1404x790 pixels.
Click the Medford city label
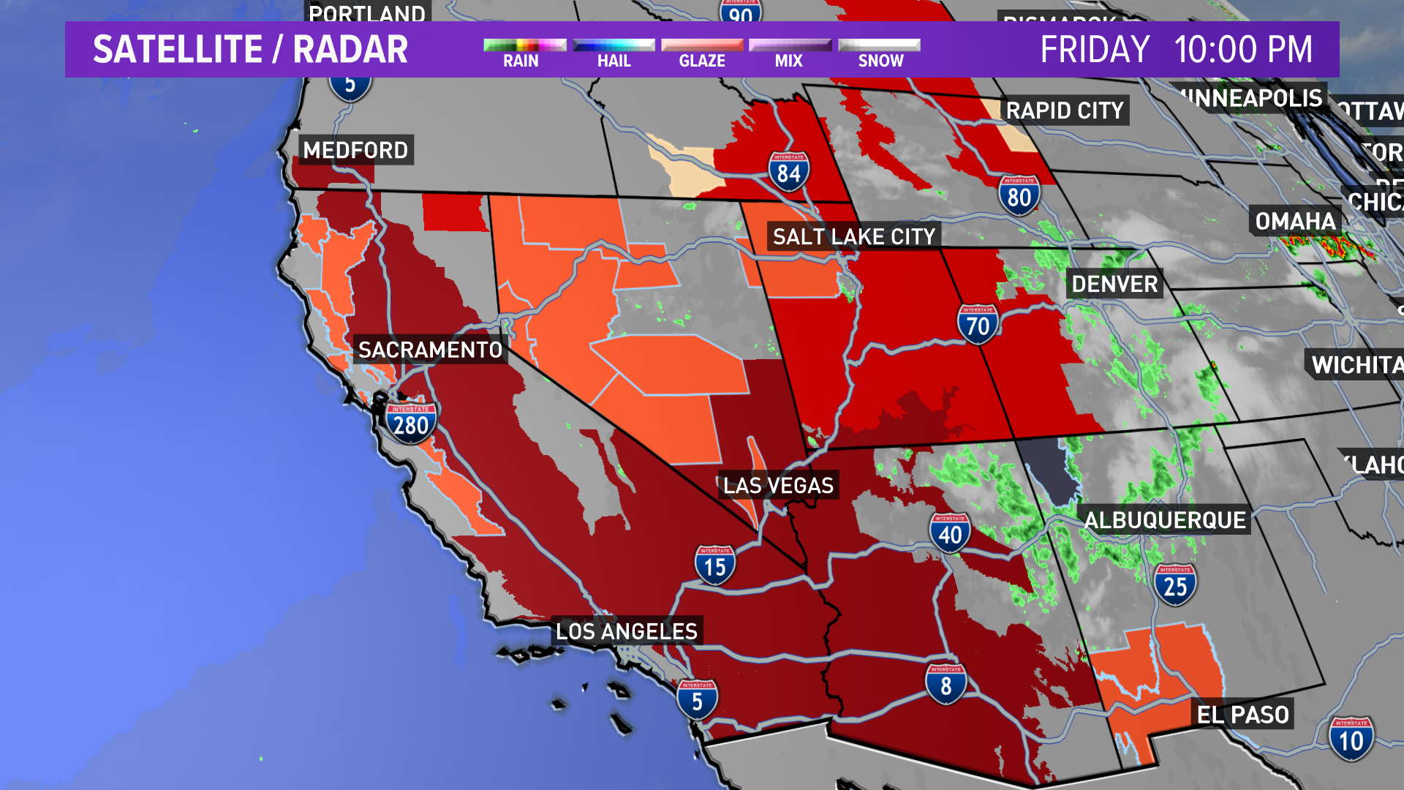click(x=355, y=150)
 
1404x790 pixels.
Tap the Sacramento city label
click(x=430, y=350)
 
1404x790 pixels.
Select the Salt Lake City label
click(x=853, y=236)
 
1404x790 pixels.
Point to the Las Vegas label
click(x=778, y=485)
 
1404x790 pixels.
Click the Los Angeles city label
click(x=626, y=631)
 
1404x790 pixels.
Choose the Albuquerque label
click(x=1165, y=520)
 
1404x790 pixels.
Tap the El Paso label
click(x=1242, y=714)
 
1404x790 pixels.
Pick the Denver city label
click(x=1114, y=284)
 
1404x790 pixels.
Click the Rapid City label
click(x=1065, y=110)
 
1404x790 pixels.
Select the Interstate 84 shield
click(x=788, y=172)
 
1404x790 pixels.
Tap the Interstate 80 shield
click(x=1019, y=195)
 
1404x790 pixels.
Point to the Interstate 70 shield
click(x=978, y=325)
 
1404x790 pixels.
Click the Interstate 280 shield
click(x=411, y=424)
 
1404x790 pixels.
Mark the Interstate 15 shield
click(x=714, y=565)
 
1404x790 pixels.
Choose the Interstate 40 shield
click(x=950, y=533)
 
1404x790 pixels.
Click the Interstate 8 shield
click(x=946, y=684)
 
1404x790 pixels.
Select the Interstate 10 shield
click(x=1351, y=739)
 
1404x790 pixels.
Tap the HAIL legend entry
click(x=614, y=53)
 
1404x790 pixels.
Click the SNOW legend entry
click(x=880, y=53)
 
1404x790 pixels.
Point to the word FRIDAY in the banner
click(x=1095, y=50)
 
